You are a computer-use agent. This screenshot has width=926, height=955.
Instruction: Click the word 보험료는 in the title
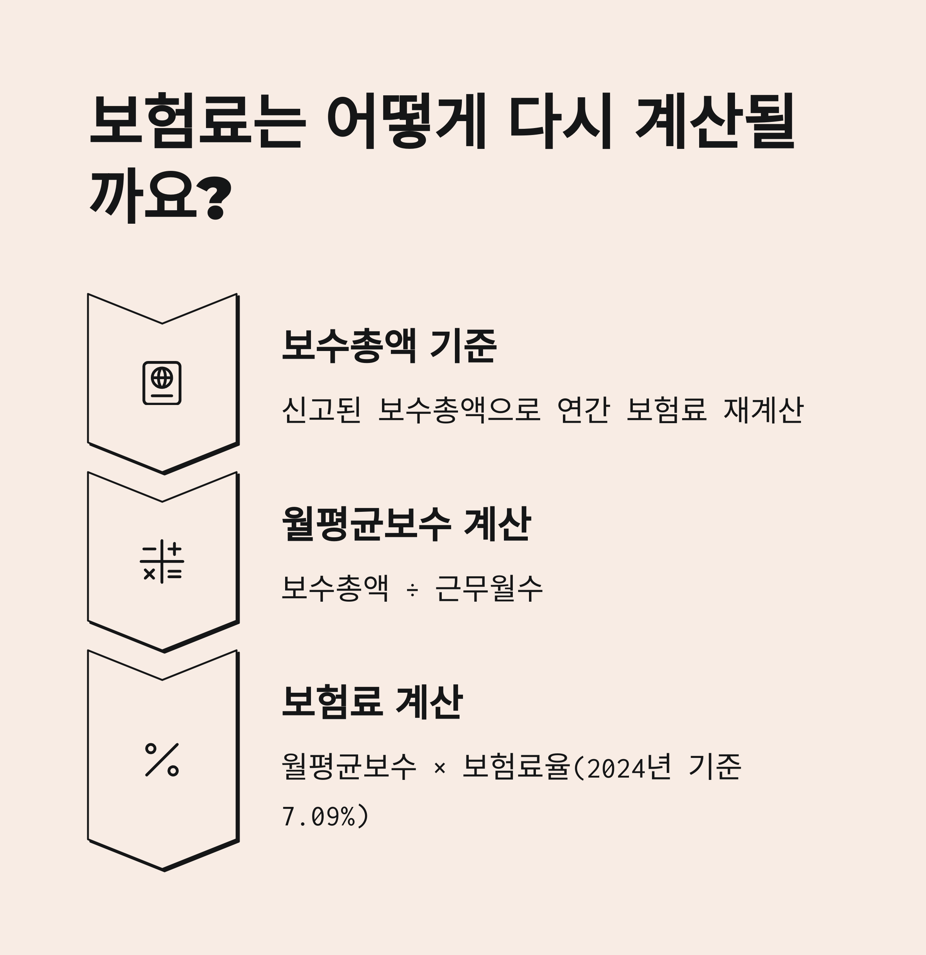click(198, 121)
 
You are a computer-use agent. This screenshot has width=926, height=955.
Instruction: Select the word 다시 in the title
click(561, 121)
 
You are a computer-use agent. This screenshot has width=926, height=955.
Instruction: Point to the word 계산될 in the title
click(715, 121)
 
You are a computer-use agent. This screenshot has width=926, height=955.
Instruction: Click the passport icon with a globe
click(162, 383)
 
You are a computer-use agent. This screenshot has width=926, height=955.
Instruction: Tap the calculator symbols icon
click(162, 561)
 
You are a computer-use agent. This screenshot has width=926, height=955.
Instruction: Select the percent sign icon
click(162, 759)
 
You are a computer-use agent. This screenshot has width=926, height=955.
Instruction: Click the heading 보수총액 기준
click(389, 346)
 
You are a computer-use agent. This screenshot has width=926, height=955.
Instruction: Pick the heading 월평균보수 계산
click(406, 524)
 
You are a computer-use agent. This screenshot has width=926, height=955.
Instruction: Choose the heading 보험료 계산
click(372, 702)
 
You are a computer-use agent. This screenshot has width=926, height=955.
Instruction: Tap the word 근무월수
click(489, 589)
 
